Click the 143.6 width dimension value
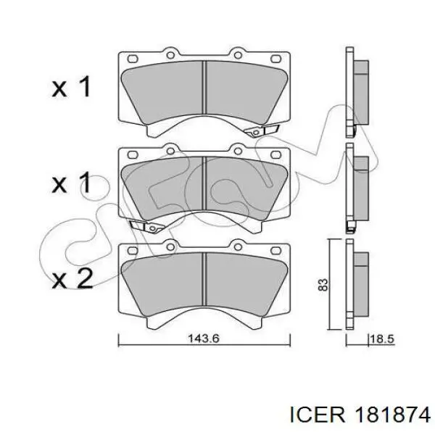tap(204, 339)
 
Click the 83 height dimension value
tap(323, 285)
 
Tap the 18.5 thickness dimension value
tap(383, 339)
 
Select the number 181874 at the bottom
tap(392, 415)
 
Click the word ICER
tap(318, 415)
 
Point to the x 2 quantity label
tap(72, 279)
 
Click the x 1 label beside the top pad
tap(71, 87)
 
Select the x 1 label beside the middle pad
tap(71, 183)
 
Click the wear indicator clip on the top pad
tap(261, 130)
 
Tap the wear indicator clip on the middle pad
tap(147, 226)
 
